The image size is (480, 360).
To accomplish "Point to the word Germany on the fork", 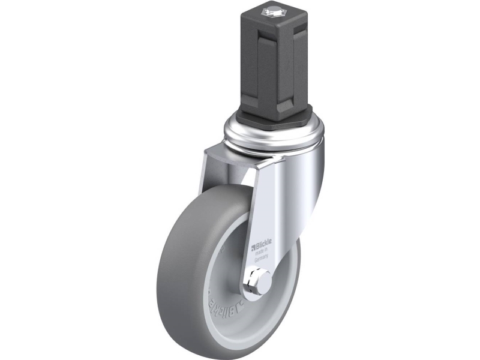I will click(x=260, y=259).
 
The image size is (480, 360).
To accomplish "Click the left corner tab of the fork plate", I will click(x=207, y=159).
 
